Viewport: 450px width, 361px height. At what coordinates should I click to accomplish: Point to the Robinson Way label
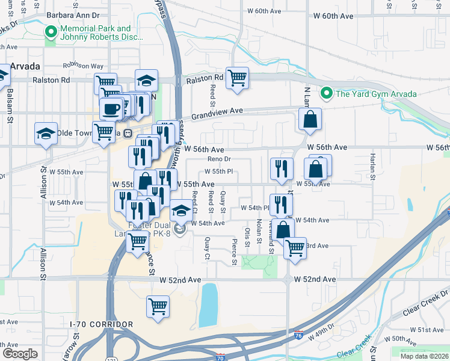pos(84,66)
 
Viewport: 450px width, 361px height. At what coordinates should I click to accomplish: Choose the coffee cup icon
pos(111,109)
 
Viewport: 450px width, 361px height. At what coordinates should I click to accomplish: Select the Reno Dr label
pos(219,159)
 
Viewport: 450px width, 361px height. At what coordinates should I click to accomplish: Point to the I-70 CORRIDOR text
pos(102,325)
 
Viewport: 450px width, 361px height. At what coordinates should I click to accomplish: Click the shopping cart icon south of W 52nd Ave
pos(158,306)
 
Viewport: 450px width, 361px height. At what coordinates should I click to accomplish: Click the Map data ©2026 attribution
pos(424,356)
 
